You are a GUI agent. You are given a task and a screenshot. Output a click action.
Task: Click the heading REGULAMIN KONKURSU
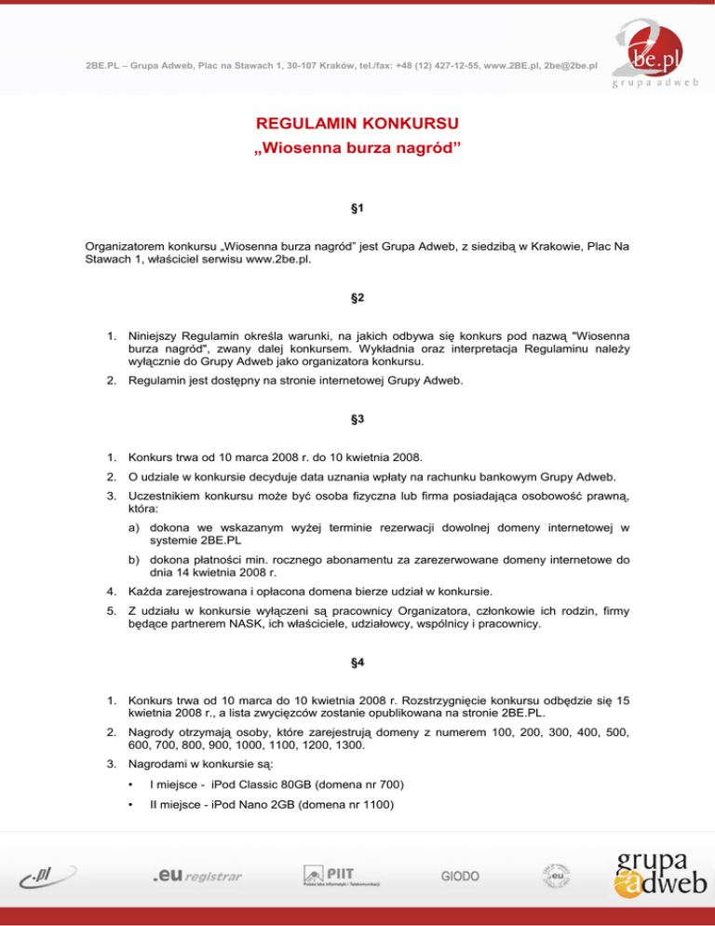357,123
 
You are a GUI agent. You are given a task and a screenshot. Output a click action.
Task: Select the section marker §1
357,211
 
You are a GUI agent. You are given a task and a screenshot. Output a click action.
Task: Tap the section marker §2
357,298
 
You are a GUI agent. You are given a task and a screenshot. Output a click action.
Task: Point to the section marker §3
357,419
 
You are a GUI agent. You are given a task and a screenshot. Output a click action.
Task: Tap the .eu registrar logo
197,877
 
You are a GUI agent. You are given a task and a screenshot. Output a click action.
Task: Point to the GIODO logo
460,877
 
